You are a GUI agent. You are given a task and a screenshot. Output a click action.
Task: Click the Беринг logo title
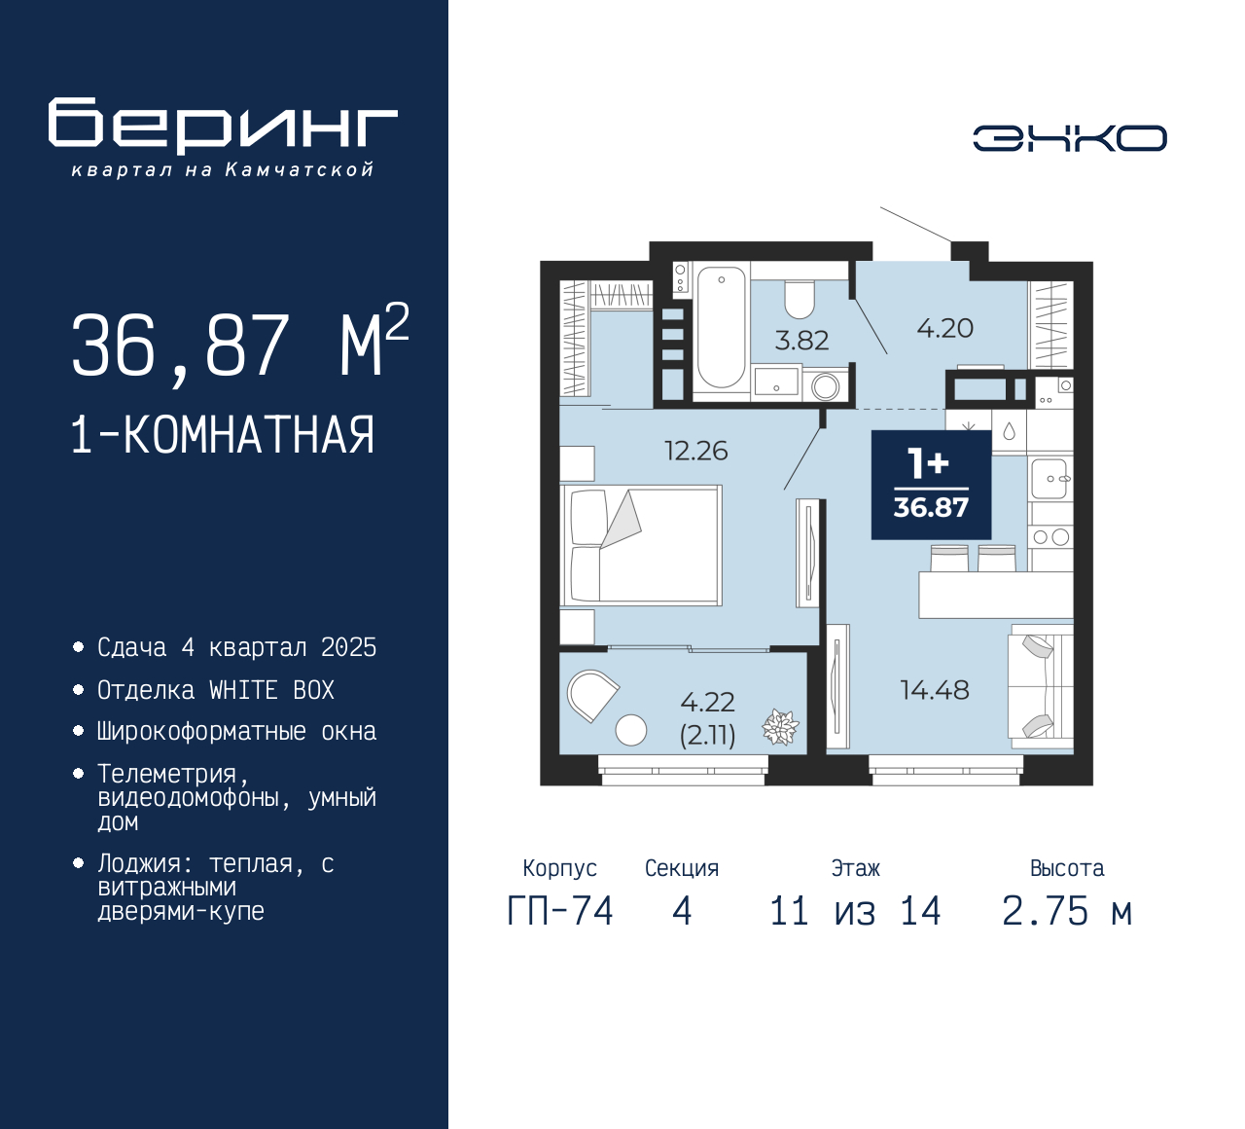[x=223, y=127]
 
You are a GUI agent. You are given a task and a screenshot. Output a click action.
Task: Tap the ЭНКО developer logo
[x=1069, y=138]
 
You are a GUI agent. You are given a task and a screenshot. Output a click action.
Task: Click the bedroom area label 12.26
[x=695, y=451]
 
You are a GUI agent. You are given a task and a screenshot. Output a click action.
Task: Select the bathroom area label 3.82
[x=801, y=341]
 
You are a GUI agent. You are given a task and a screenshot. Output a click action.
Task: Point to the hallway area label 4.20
[x=945, y=328]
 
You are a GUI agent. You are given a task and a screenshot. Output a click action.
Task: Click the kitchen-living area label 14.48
[x=935, y=690]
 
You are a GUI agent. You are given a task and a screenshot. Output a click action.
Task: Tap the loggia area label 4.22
[x=707, y=703]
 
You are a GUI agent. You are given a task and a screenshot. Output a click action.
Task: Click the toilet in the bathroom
[x=800, y=300]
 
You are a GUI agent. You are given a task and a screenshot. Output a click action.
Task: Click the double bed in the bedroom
[x=641, y=545]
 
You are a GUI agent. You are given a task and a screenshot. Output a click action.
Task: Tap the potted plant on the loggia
[x=780, y=727]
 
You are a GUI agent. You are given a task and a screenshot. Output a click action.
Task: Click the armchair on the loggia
[x=592, y=695]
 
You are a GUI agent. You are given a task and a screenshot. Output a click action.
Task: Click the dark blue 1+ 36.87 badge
[x=931, y=485]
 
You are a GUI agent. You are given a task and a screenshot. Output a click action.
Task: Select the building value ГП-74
[x=560, y=911]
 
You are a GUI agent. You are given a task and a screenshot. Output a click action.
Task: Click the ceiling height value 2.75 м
[x=1067, y=911]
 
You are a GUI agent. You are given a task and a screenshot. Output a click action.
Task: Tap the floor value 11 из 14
[x=855, y=911]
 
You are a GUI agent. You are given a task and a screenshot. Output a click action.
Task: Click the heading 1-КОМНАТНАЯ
[x=223, y=435]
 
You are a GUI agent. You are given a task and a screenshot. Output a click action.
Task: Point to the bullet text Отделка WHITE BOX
[x=216, y=690]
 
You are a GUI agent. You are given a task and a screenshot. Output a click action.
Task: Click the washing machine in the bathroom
[x=826, y=386]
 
